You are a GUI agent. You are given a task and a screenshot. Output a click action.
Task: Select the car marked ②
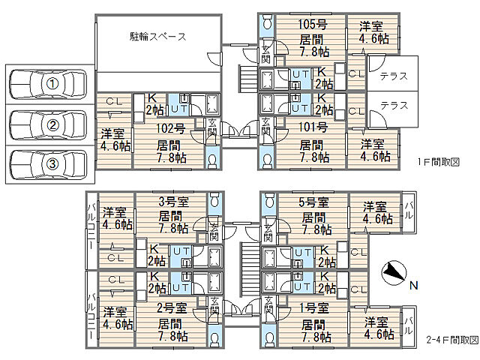click(x=48, y=125)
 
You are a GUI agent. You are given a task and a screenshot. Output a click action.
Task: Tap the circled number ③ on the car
click(x=52, y=163)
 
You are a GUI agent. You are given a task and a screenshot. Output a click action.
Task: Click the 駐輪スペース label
click(x=158, y=37)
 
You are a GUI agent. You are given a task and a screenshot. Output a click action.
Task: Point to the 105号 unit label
click(x=313, y=25)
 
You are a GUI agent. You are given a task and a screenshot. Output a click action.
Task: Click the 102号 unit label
click(x=170, y=128)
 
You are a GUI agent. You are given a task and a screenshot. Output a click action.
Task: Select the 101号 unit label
click(x=313, y=127)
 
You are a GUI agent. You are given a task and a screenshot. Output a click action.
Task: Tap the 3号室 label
click(x=173, y=202)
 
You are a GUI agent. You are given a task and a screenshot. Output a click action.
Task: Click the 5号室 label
click(x=313, y=202)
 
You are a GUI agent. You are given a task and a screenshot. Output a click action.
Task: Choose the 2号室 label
click(x=172, y=308)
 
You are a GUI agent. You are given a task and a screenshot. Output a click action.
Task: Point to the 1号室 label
click(x=313, y=308)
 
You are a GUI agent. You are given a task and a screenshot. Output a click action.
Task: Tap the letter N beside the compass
click(x=414, y=286)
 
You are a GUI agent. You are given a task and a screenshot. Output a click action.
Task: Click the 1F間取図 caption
click(x=439, y=162)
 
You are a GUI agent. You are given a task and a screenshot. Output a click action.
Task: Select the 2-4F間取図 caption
click(x=452, y=340)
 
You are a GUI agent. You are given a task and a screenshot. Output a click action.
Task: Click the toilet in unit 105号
click(x=268, y=22)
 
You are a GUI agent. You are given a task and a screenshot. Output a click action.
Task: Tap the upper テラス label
click(x=394, y=76)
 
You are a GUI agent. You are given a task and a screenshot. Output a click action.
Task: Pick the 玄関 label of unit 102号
click(x=211, y=128)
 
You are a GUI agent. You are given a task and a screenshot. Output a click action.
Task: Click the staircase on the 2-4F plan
click(x=250, y=268)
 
